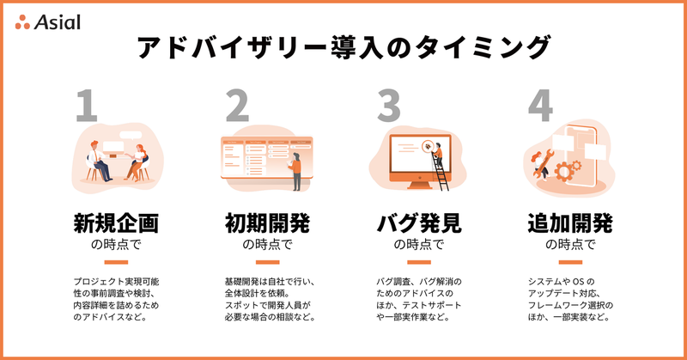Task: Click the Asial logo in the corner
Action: click(48, 22)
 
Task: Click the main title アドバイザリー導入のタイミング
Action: click(343, 47)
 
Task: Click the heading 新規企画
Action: click(116, 223)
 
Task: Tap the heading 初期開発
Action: click(267, 223)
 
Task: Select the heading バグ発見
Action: click(419, 223)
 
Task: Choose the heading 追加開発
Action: click(570, 223)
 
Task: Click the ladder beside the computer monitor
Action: click(441, 172)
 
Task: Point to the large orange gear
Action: click(564, 172)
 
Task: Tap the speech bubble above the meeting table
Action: click(131, 136)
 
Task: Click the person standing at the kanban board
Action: click(295, 172)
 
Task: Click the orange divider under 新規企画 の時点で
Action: click(116, 262)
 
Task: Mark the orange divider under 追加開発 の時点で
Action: click(570, 262)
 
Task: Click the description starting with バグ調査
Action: click(419, 299)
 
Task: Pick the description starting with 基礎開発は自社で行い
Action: click(270, 299)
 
